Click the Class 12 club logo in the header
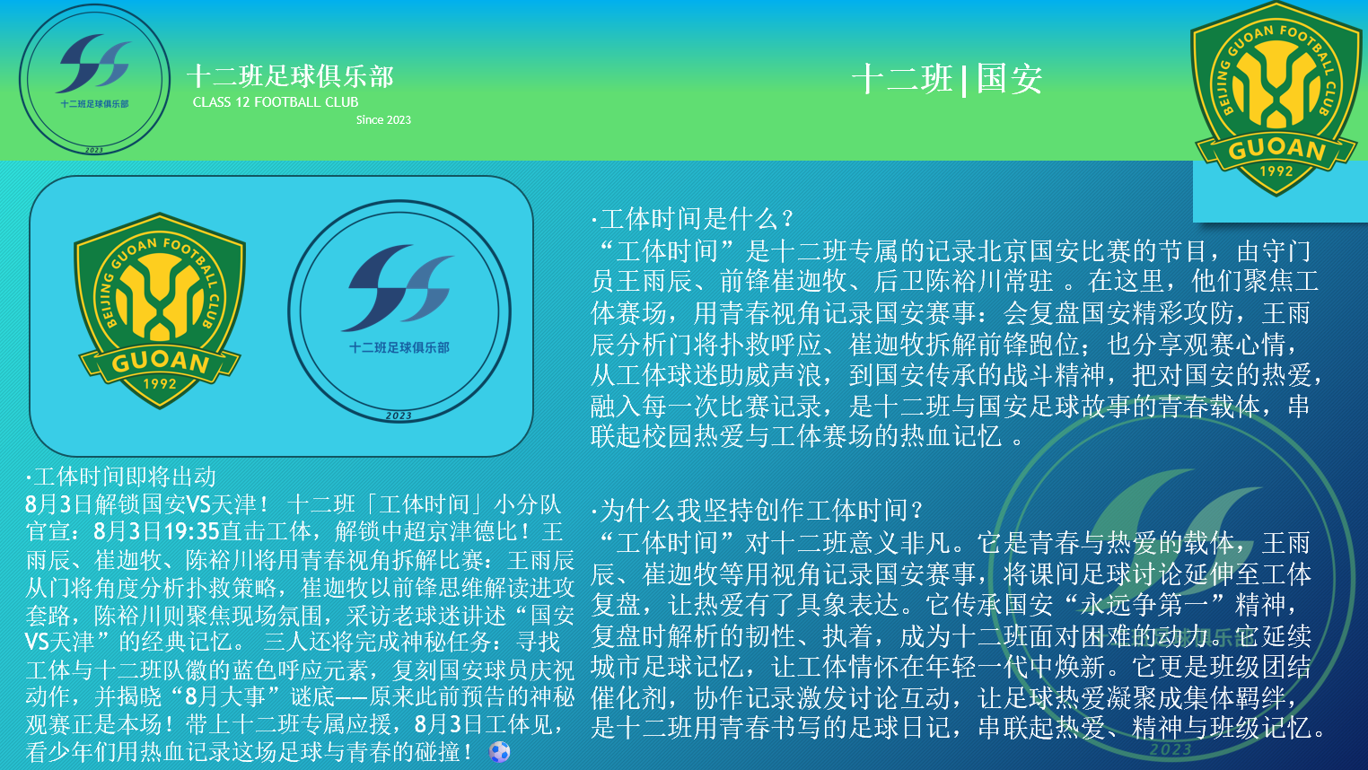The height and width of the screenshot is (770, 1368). point(94,79)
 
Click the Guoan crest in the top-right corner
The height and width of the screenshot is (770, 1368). point(1276,99)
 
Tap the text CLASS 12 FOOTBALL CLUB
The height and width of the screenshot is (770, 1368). point(276,102)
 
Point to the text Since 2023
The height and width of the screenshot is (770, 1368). point(383,119)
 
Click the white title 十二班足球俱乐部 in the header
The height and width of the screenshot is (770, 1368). point(291,76)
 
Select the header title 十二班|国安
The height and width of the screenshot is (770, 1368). point(947,79)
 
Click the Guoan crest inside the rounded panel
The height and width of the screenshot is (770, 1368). point(160,311)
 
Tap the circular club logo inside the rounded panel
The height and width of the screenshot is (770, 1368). point(399,311)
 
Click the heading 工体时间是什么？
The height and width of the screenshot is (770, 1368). point(692,219)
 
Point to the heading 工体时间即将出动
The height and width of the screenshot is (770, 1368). point(121,477)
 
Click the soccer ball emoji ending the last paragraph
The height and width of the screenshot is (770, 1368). point(500,752)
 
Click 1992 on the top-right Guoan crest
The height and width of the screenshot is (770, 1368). point(1276,171)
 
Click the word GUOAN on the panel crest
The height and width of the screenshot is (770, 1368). point(161,362)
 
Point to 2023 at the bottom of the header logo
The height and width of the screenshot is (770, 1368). point(94,150)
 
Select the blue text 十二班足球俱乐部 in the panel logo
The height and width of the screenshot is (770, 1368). point(399,348)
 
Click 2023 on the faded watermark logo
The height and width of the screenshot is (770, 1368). point(1171,749)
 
